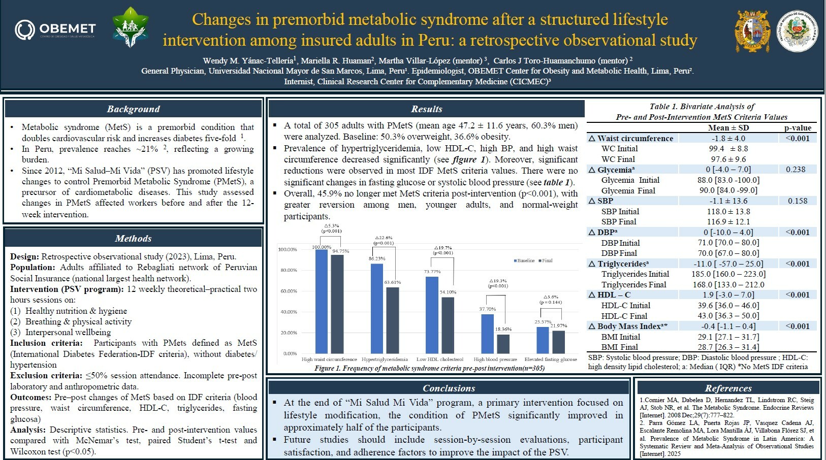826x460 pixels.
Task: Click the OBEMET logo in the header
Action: click(x=55, y=29)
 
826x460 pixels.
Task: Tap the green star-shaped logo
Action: click(x=131, y=27)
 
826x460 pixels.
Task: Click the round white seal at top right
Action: click(x=797, y=31)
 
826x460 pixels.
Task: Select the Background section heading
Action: click(x=133, y=109)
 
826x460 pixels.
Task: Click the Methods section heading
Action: click(x=133, y=238)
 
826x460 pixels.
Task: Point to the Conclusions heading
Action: click(x=449, y=388)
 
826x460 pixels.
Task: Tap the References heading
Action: click(x=728, y=388)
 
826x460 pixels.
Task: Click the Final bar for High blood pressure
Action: click(x=503, y=344)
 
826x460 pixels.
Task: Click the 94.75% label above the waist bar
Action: click(x=340, y=251)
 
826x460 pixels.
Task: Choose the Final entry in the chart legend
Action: click(x=547, y=260)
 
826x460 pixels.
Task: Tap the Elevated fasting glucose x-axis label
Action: click(x=550, y=359)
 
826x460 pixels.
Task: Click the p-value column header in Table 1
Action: click(x=798, y=128)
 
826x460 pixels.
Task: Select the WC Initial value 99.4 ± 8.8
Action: click(x=728, y=149)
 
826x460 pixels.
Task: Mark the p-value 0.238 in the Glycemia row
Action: click(x=796, y=170)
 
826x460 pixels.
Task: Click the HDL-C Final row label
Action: click(x=624, y=316)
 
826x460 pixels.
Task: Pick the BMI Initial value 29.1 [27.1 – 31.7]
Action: click(x=728, y=337)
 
